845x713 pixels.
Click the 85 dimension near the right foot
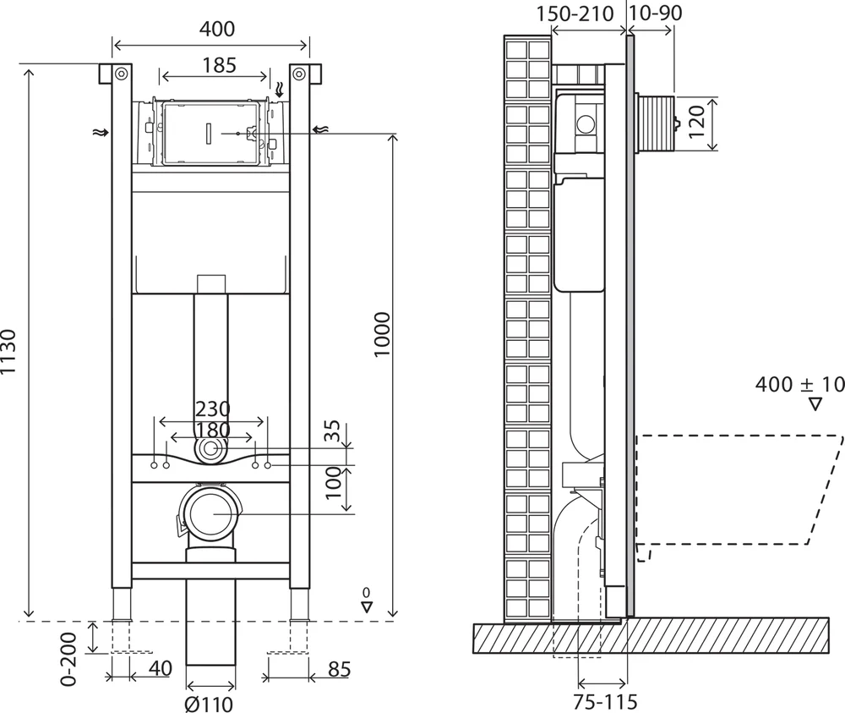coord(338,669)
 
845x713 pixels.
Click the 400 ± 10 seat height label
coord(798,385)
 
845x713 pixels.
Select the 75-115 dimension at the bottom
coord(603,702)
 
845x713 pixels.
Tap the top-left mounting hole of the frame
coord(121,74)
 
